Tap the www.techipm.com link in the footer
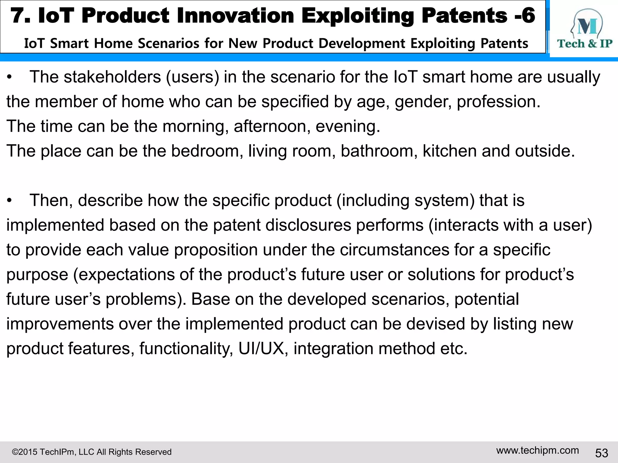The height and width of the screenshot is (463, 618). (537, 450)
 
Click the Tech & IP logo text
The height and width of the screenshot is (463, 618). (585, 44)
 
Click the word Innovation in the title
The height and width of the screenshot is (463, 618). (235, 16)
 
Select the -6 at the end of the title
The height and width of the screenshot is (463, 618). (524, 16)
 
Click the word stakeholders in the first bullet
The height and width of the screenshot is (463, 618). (112, 77)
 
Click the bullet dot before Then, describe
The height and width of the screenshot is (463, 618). (10, 201)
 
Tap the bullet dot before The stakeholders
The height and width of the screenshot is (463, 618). (10, 77)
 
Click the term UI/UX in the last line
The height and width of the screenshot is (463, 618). (261, 348)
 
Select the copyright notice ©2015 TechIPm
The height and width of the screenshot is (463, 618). (91, 452)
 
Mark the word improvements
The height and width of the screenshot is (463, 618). (60, 324)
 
